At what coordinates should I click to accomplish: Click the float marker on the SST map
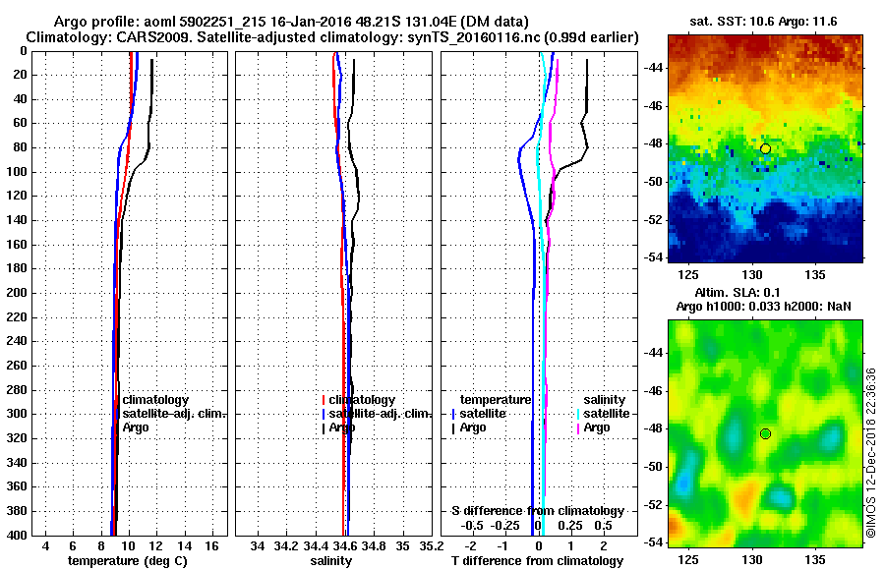coord(765,148)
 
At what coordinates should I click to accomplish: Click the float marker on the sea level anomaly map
coord(765,433)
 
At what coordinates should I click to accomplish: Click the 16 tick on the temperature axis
coord(211,545)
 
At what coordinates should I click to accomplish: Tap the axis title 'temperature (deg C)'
coord(128,560)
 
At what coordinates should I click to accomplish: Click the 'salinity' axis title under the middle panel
coord(332,560)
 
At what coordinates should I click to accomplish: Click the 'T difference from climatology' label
coord(537,560)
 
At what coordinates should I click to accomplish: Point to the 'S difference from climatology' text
coord(538,511)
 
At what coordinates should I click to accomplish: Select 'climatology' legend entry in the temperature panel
coord(155,400)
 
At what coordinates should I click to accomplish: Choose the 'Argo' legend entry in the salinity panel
coord(342,427)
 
